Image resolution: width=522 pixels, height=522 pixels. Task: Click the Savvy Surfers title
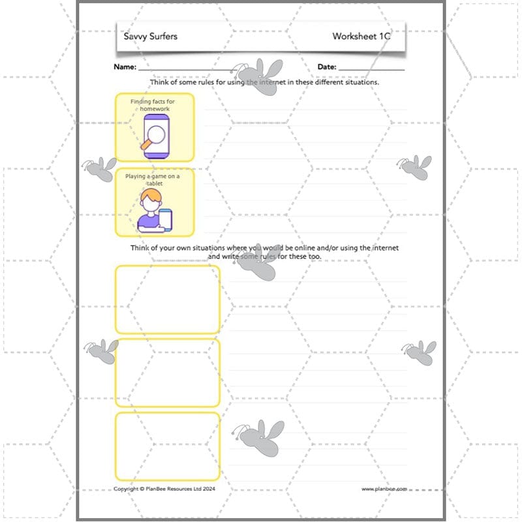(x=151, y=37)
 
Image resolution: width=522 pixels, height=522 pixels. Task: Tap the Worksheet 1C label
(x=361, y=37)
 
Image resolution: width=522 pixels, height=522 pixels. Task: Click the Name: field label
(x=125, y=67)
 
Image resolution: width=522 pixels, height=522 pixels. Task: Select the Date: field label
(x=327, y=67)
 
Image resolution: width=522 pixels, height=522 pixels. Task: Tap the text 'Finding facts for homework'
(x=155, y=105)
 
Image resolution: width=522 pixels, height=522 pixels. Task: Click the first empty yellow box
(x=168, y=299)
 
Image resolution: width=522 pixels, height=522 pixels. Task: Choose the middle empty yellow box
(x=168, y=373)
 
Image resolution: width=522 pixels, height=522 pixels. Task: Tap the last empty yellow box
(x=168, y=446)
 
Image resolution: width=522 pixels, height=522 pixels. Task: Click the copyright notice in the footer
(x=164, y=489)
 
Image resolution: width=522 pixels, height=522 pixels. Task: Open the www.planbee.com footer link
(x=384, y=489)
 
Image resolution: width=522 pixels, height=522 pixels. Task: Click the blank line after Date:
(x=371, y=69)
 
